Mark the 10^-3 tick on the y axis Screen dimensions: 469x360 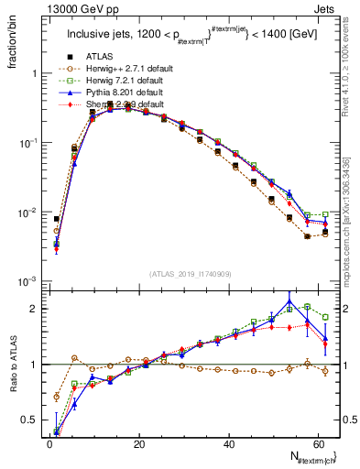click(27, 281)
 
